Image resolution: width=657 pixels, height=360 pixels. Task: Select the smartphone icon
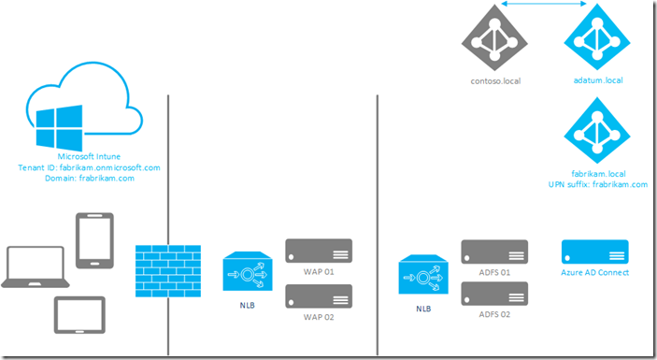(x=94, y=241)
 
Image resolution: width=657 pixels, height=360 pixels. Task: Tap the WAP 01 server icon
(x=320, y=252)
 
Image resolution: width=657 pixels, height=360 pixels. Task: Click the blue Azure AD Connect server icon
(x=594, y=252)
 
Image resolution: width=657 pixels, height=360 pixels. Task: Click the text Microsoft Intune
(x=90, y=156)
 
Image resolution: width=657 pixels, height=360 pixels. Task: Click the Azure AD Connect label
(x=594, y=273)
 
